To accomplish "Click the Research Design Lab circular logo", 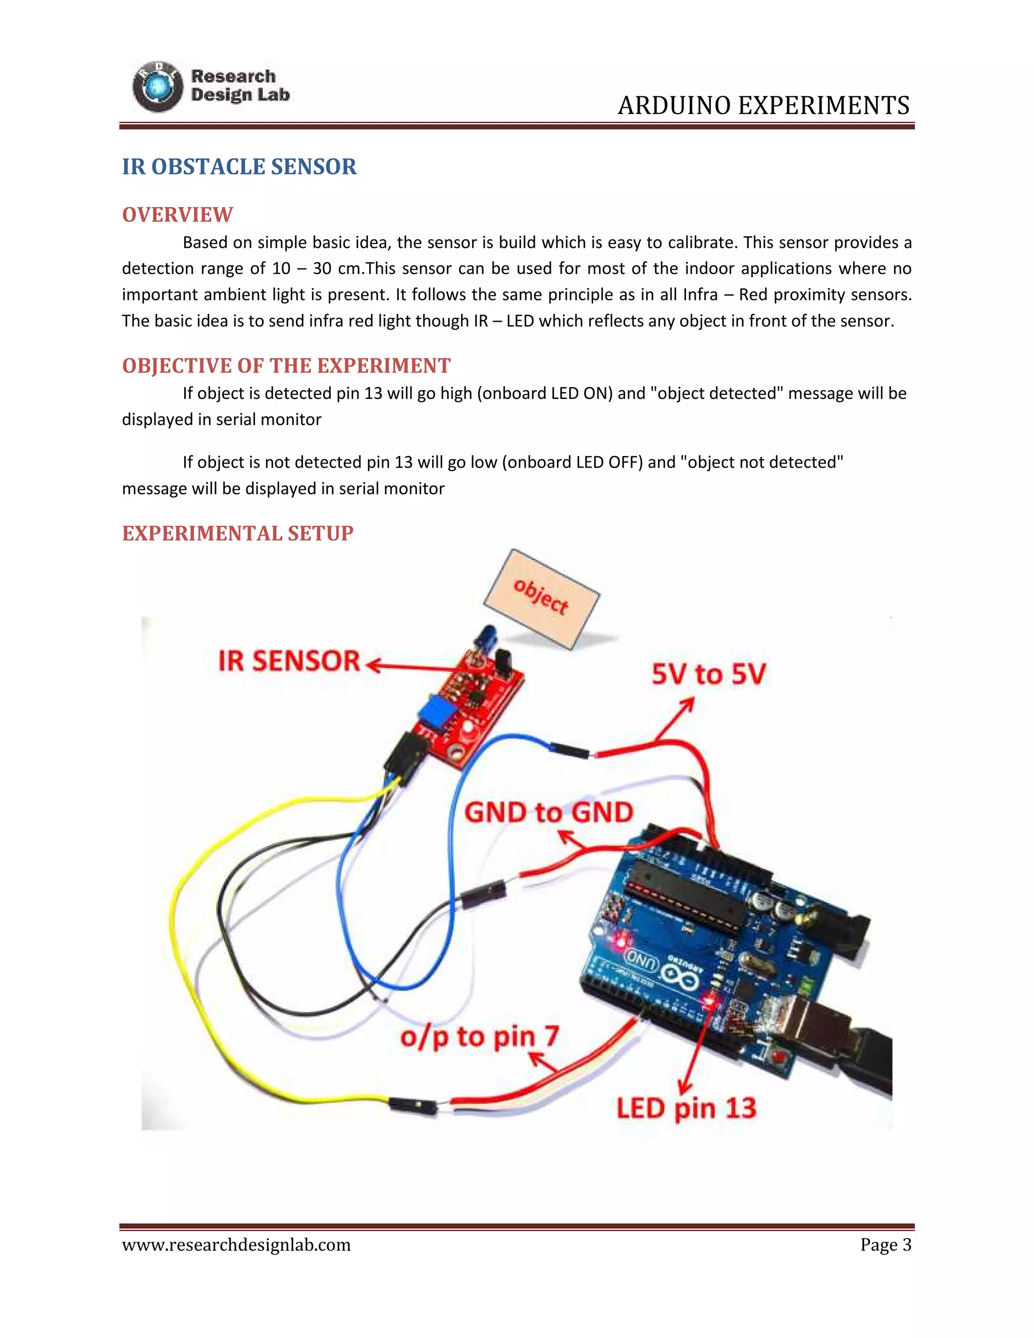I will click(158, 87).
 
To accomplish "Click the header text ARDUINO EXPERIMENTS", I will click(763, 106).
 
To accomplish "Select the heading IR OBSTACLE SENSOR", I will click(239, 167).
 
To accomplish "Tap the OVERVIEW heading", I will click(177, 215).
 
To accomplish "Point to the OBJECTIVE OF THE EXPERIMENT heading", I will click(286, 366).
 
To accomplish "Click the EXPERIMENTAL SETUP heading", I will click(238, 533).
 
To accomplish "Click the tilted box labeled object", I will click(542, 598).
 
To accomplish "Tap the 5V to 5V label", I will click(708, 674).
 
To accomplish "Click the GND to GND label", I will click(548, 812).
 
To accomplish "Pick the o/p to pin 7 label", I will click(480, 1037).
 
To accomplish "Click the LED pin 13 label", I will click(686, 1108).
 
